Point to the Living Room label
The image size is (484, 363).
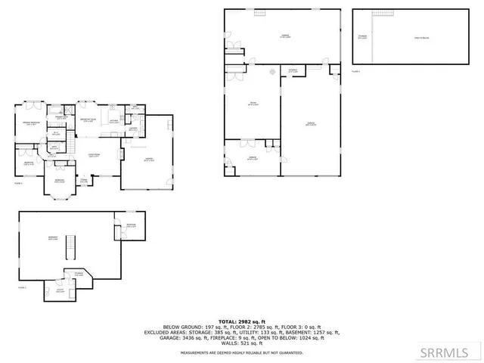point(95,155)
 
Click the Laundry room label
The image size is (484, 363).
point(132,129)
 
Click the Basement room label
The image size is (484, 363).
point(53,238)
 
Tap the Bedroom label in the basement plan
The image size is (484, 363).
point(130,225)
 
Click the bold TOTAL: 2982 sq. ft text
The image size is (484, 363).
point(241,322)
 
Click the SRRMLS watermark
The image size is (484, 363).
point(453,351)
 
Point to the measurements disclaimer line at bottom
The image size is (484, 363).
point(241,354)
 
